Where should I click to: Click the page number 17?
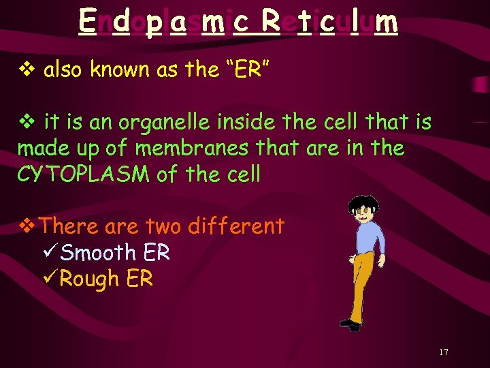443,352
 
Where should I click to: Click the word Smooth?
98,253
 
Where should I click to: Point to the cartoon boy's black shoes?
350,325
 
